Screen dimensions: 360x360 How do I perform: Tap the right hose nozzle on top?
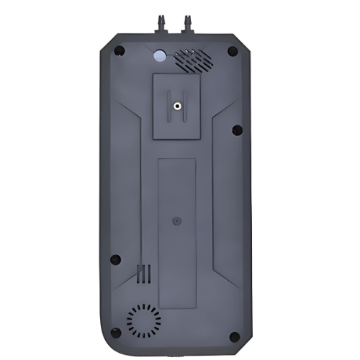click(189, 22)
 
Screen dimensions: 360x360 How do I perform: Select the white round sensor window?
click(158, 55)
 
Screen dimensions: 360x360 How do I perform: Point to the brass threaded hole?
click(177, 107)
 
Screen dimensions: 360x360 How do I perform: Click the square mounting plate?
click(177, 107)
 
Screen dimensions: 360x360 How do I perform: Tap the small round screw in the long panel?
click(177, 223)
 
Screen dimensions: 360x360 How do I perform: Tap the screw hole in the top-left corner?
click(120, 51)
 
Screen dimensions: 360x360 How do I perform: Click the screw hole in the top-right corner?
click(232, 51)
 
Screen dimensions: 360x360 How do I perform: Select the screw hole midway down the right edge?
click(237, 130)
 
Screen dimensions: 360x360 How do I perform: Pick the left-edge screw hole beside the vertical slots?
click(115, 260)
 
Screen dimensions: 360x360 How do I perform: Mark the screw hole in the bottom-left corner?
click(115, 333)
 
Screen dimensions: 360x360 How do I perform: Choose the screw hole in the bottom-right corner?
click(235, 336)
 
